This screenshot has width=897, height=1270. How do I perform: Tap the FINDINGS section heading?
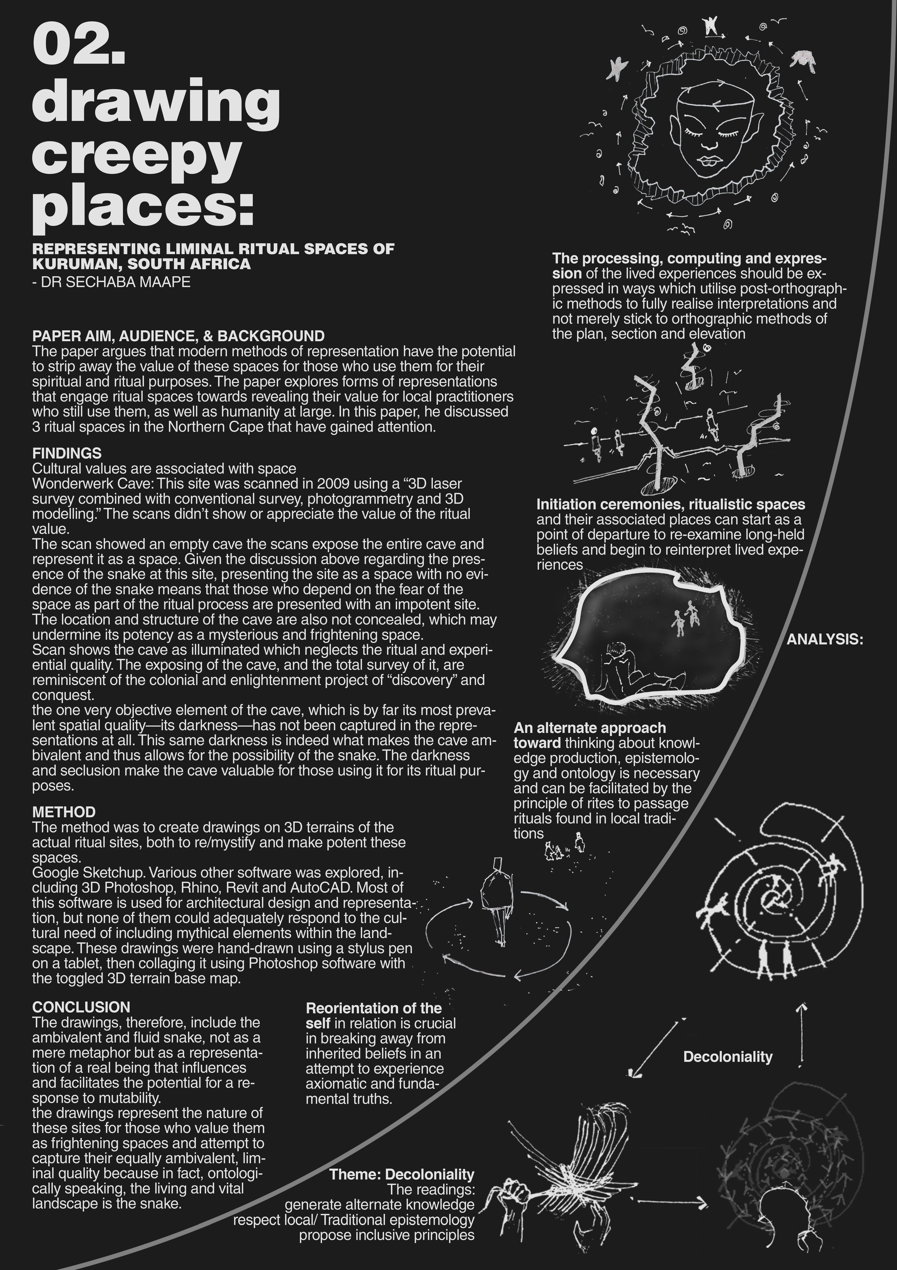[67, 453]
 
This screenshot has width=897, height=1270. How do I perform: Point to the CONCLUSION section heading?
[81, 1007]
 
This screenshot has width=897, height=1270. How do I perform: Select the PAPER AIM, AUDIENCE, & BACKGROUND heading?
[178, 336]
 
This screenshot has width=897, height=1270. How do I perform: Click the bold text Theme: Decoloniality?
[402, 1174]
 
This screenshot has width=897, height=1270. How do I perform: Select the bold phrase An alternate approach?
[590, 728]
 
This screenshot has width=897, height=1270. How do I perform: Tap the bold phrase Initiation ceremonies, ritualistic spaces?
[670, 504]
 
